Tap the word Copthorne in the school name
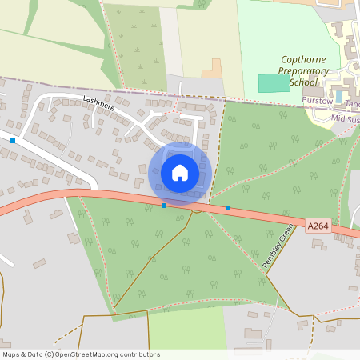[x=304, y=60]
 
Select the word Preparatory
[x=303, y=71]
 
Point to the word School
[x=303, y=82]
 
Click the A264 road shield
[x=318, y=226]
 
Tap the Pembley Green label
[x=278, y=250]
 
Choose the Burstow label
[x=317, y=101]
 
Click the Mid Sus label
[x=345, y=119]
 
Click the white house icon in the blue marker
[x=180, y=172]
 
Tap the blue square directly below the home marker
[x=164, y=206]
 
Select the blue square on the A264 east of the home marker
[x=228, y=208]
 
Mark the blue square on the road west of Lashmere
[x=14, y=141]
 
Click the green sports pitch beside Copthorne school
[x=274, y=82]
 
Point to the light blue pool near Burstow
[x=338, y=97]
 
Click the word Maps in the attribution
[x=12, y=354]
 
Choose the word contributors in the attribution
[x=139, y=354]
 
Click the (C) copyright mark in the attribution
[x=50, y=354]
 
